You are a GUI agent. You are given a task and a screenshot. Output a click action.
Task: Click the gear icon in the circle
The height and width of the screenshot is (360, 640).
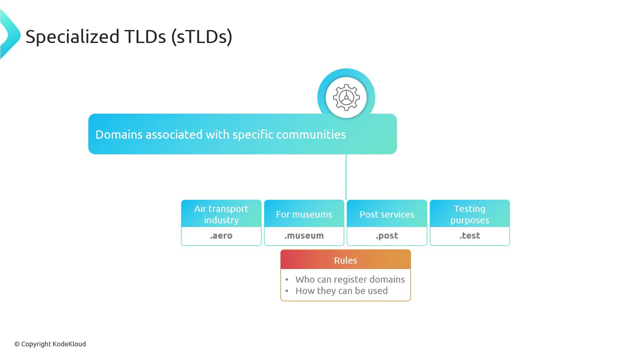tap(346, 98)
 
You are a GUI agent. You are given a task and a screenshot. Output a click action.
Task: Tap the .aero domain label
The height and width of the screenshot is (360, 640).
tap(221, 236)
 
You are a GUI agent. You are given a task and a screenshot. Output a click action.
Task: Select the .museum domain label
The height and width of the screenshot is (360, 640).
tap(304, 236)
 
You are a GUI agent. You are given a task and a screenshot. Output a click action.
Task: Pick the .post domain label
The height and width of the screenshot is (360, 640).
tap(387, 236)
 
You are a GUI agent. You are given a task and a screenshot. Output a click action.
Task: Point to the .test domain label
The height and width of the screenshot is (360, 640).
tap(470, 236)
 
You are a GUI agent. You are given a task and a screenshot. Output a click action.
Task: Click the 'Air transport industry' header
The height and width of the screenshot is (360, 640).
tap(221, 214)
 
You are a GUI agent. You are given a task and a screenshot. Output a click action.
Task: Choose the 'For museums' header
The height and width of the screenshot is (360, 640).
tap(304, 214)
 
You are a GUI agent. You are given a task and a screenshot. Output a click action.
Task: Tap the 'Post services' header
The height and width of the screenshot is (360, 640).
tap(387, 214)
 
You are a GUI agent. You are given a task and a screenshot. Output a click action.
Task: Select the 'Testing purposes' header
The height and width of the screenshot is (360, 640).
tap(470, 214)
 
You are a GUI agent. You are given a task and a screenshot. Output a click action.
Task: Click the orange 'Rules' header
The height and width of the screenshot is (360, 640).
tap(345, 260)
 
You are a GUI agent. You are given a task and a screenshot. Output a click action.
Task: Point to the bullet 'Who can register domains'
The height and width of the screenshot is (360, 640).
tap(350, 279)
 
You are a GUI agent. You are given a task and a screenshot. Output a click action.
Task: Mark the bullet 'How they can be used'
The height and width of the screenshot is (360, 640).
tap(341, 291)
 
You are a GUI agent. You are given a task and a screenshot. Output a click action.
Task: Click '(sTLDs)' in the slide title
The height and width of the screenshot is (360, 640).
tap(202, 36)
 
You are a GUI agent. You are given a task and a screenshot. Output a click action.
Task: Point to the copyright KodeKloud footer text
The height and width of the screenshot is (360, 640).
tap(50, 344)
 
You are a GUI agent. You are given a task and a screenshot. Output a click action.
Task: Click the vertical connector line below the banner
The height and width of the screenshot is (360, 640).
tap(346, 177)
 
